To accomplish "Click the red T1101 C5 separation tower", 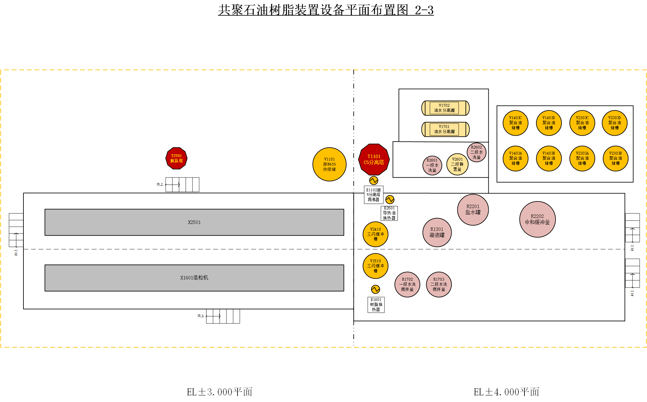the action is click(x=374, y=159).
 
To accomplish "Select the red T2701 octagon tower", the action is click(x=176, y=158).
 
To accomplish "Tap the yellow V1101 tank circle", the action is click(x=329, y=164).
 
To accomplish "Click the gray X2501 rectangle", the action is click(x=194, y=222).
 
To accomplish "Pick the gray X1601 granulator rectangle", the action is click(x=194, y=278).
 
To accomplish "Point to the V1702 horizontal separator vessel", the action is click(x=445, y=108).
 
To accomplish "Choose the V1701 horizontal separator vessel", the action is click(x=445, y=129).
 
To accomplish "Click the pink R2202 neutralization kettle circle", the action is click(x=537, y=219).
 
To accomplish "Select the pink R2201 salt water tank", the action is click(x=473, y=210).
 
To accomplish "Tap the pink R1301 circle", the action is click(x=437, y=232).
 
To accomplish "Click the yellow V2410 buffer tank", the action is click(x=375, y=234).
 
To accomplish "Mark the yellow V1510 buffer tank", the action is click(x=375, y=266).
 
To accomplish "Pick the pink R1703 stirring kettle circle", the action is click(x=439, y=284).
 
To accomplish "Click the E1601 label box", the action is click(x=376, y=305).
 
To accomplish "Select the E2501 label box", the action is click(x=389, y=213).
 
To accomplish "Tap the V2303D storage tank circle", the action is click(x=614, y=123).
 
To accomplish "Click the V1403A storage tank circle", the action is click(x=515, y=158).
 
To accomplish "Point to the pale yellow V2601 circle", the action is click(x=457, y=164).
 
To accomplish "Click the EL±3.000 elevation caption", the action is click(x=219, y=392).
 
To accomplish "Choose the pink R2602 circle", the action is click(x=476, y=152).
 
